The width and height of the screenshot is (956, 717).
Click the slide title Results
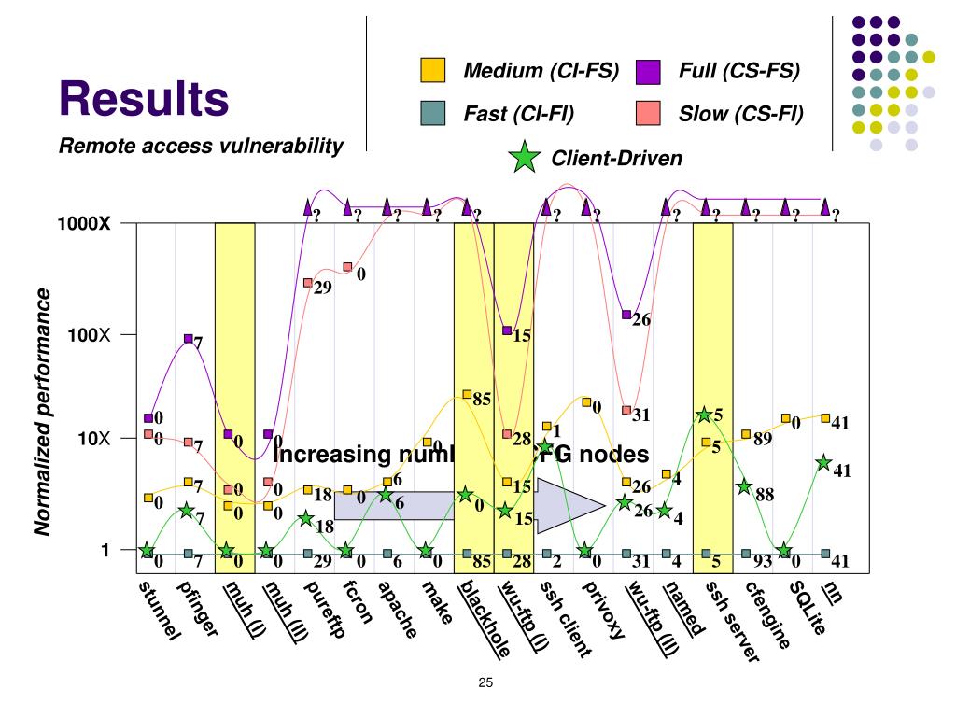pyautogui.click(x=145, y=98)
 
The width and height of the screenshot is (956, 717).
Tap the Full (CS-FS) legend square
pyautogui.click(x=647, y=71)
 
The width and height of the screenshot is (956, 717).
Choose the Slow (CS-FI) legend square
pyautogui.click(x=647, y=114)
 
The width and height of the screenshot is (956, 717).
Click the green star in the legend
pyautogui.click(x=525, y=159)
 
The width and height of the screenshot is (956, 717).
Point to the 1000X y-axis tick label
pyautogui.click(x=86, y=224)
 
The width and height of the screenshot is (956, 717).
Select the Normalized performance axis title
pyautogui.click(x=43, y=412)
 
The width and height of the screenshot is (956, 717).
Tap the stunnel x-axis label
pyautogui.click(x=158, y=612)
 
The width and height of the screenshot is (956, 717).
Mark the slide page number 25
pyautogui.click(x=485, y=682)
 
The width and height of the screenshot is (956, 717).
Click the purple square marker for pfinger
pyautogui.click(x=189, y=339)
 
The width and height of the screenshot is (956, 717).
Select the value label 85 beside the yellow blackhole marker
pyautogui.click(x=483, y=400)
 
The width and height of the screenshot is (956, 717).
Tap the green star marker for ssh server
pyautogui.click(x=705, y=415)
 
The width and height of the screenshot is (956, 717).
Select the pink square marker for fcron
pyautogui.click(x=347, y=267)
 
